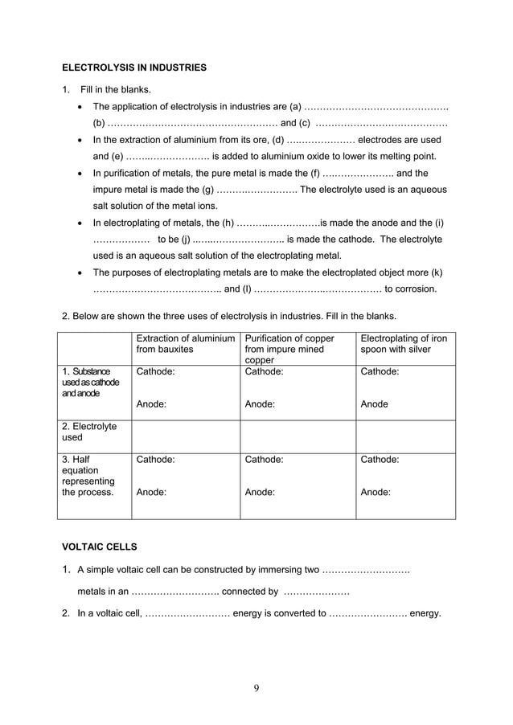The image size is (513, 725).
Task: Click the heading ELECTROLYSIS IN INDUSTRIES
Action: click(x=134, y=68)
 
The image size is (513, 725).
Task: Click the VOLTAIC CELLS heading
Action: click(x=100, y=547)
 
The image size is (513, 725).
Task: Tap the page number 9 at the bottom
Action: click(x=256, y=687)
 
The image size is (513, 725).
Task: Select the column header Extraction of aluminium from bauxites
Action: click(x=186, y=344)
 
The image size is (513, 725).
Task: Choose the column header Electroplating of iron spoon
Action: click(x=404, y=344)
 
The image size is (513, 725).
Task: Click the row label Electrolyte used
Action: click(x=89, y=432)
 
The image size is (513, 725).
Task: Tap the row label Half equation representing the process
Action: click(x=88, y=476)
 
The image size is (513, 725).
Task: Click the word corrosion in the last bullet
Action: click(x=411, y=289)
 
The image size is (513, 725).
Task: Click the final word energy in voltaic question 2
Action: click(x=425, y=613)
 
